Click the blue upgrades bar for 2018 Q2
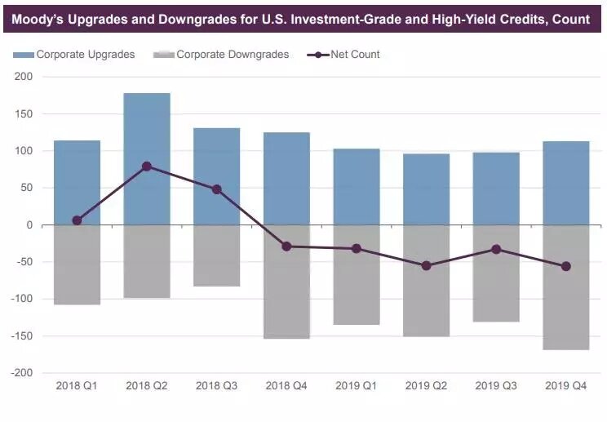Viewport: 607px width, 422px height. (147, 159)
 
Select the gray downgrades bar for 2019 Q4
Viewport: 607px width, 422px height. (566, 287)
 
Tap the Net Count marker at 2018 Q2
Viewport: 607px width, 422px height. (147, 167)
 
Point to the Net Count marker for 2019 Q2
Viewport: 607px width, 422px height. (426, 265)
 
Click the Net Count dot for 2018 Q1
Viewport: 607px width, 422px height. (77, 220)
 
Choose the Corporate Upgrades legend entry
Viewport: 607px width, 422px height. (74, 55)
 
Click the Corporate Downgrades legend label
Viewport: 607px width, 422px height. (233, 55)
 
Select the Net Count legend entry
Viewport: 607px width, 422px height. (355, 55)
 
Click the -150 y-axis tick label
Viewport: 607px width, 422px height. (21, 336)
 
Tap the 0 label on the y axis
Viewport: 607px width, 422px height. (29, 225)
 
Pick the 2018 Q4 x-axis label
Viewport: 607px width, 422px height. (286, 384)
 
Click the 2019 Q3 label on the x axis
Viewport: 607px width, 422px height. (496, 384)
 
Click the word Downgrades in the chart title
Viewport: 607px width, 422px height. (197, 19)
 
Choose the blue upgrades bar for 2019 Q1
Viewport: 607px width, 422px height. (357, 187)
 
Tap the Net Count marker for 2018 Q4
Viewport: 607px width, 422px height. (286, 246)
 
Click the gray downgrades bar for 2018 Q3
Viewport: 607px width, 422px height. (217, 255)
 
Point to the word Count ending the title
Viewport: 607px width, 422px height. (571, 19)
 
